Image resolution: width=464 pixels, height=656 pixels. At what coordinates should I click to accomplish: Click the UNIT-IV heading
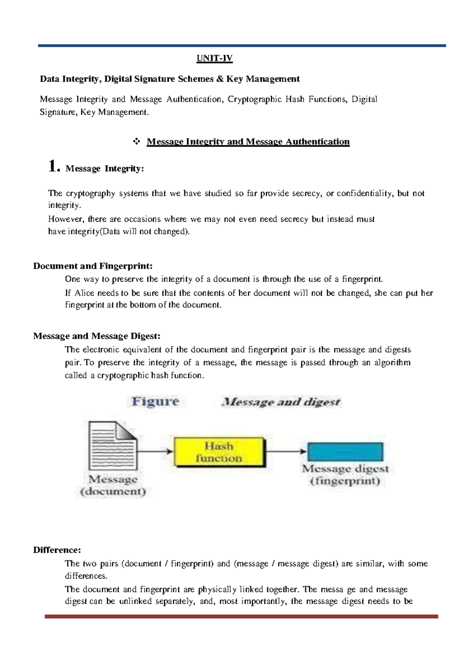215,58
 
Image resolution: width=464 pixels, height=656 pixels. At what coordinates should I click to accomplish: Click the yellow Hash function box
219,452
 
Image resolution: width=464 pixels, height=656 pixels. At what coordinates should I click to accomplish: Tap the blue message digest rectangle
345,452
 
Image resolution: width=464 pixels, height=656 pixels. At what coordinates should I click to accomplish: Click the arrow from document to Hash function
155,451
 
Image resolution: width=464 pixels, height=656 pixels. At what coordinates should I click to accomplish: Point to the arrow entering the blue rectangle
286,451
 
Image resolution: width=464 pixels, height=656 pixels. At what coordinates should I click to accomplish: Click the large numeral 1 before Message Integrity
54,167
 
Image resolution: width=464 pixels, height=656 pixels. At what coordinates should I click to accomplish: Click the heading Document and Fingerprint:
93,266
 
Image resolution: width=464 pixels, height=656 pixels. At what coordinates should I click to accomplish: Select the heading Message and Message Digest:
97,336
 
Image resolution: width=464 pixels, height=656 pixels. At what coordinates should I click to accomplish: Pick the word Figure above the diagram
155,401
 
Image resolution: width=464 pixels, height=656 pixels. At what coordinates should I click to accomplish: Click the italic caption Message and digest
281,402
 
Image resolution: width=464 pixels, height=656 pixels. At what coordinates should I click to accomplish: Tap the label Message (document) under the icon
113,485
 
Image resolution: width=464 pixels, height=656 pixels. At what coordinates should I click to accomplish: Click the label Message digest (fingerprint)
345,475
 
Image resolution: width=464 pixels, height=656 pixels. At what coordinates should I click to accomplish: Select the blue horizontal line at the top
242,46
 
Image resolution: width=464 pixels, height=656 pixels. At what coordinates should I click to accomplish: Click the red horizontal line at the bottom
241,616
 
